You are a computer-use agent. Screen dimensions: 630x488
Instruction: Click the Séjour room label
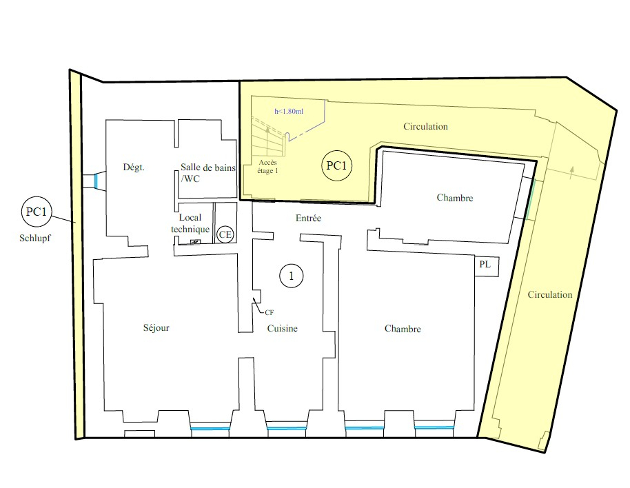[156, 327]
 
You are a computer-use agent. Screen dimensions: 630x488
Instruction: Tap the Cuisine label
[283, 329]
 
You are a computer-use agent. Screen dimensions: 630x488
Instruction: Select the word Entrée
[308, 218]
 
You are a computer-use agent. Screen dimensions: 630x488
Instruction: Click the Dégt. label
[134, 167]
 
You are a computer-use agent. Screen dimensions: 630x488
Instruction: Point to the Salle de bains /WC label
[207, 173]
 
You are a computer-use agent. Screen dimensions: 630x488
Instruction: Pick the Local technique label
[190, 223]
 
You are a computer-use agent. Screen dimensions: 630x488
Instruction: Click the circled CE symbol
[225, 234]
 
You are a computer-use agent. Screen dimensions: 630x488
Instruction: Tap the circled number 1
[292, 276]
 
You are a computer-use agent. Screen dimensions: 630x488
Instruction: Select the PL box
[487, 265]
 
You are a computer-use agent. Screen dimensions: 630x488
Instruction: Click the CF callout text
[270, 312]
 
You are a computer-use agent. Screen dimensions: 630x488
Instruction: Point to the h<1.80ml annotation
[289, 111]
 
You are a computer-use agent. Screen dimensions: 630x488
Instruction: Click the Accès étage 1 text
[267, 167]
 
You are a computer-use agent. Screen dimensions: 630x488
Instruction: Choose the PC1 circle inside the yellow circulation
[336, 165]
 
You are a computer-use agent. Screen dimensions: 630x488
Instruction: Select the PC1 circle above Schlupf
[37, 212]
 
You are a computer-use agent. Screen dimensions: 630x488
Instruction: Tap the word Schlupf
[35, 238]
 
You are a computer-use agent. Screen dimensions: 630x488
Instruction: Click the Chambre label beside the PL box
[403, 329]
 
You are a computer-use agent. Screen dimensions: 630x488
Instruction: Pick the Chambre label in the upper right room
[455, 198]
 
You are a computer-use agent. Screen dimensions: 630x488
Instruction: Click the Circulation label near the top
[425, 127]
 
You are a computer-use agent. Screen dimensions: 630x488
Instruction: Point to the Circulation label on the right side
[550, 295]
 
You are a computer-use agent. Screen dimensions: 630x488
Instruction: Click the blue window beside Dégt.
[96, 181]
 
